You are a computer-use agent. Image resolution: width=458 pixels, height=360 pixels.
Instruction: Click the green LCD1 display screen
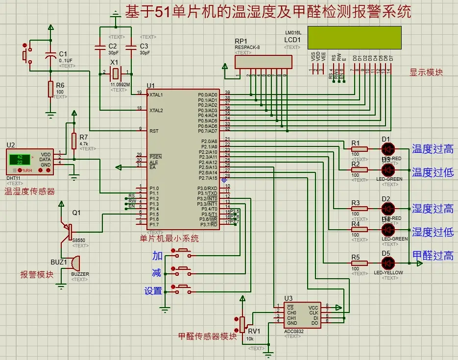355,38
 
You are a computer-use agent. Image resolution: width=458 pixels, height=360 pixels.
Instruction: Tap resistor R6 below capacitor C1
50,90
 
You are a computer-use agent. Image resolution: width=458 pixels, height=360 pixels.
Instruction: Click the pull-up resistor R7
74,141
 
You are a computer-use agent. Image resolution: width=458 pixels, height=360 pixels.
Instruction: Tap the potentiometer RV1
242,323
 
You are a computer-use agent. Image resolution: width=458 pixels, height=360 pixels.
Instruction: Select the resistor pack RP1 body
263,62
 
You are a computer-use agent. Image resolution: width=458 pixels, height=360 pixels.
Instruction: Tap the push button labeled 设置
183,288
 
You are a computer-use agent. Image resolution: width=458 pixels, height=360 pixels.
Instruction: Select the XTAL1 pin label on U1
156,95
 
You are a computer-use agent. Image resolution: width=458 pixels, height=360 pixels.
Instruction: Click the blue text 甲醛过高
433,255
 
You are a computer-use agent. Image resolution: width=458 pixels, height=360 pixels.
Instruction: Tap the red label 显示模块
426,72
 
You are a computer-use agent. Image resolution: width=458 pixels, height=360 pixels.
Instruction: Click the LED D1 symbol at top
388,148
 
